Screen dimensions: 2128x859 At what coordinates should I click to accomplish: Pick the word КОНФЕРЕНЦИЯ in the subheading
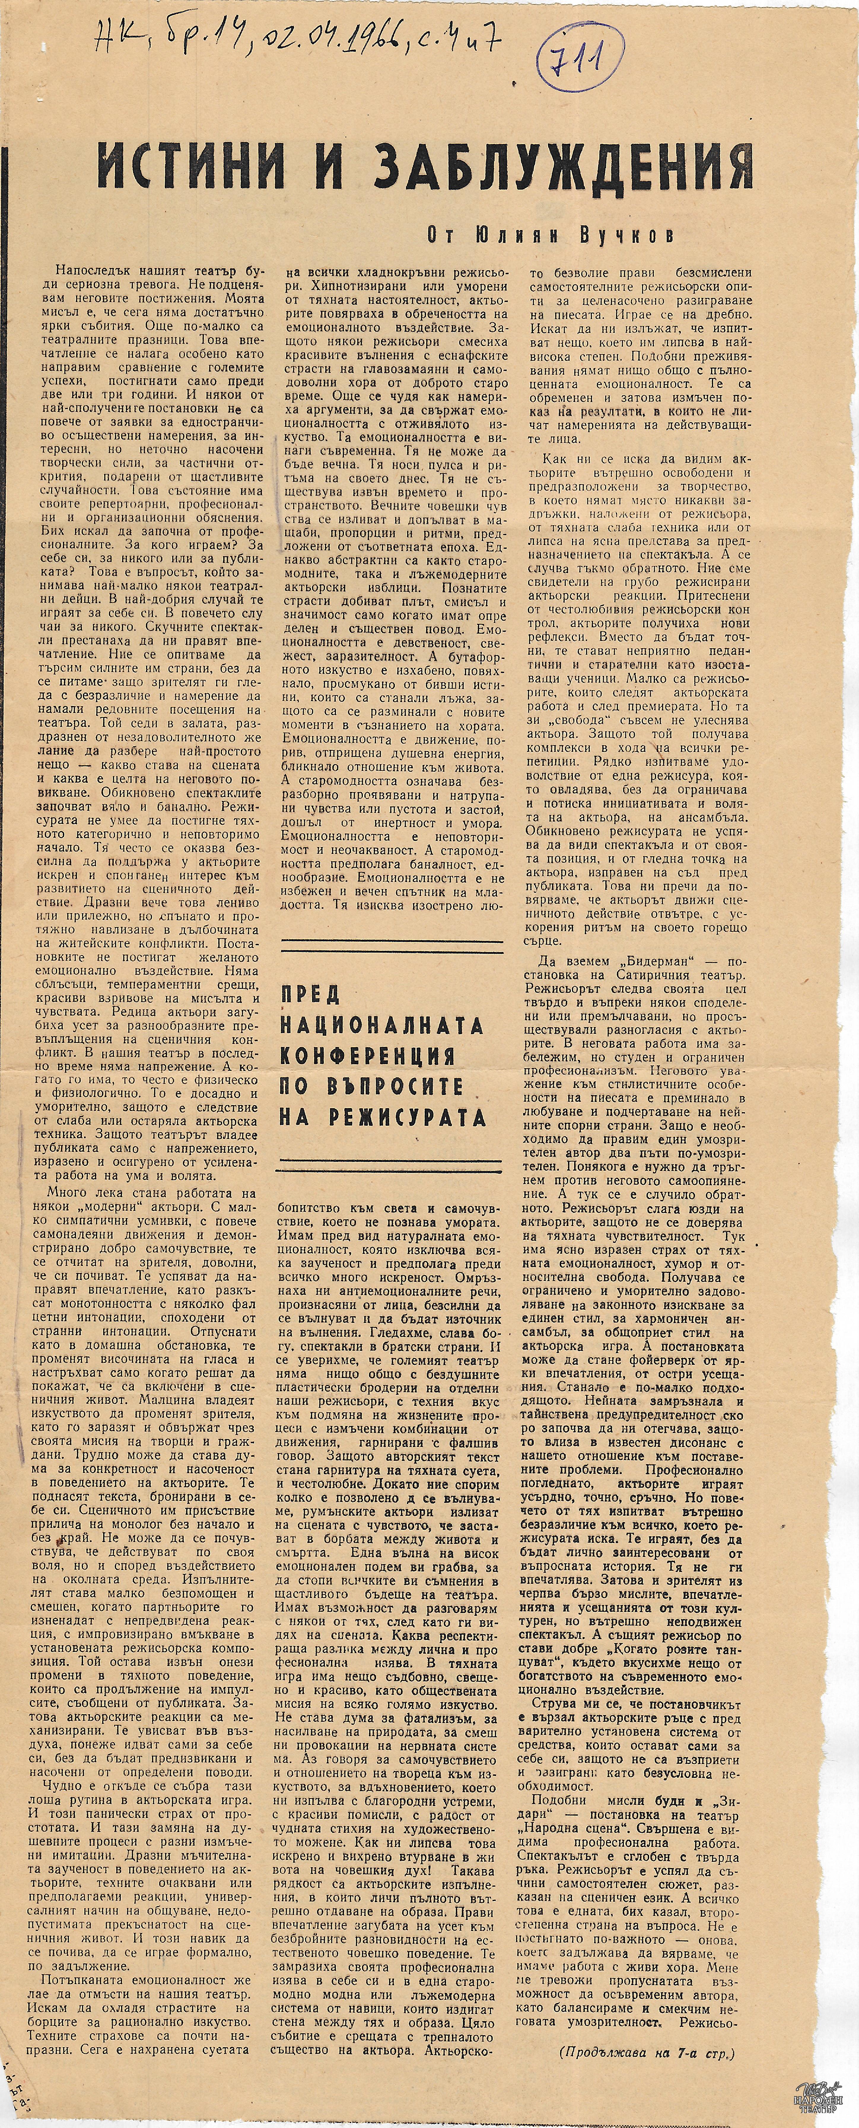tap(368, 1056)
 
